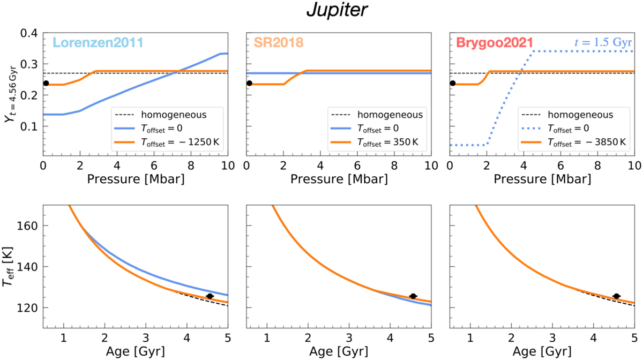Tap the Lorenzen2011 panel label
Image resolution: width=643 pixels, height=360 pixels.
(97, 42)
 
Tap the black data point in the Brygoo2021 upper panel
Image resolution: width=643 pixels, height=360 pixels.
(453, 83)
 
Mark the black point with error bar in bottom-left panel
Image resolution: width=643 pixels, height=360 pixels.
(210, 296)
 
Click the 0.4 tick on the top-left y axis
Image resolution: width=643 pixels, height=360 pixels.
(29, 33)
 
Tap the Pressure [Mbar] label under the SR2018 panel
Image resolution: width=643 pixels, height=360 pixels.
(338, 178)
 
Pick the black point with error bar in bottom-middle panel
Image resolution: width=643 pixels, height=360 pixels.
(413, 296)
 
